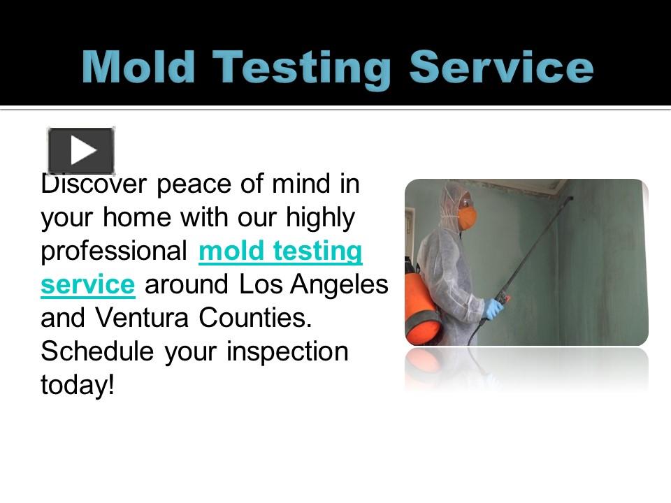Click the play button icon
(x=81, y=150)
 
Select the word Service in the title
(x=500, y=68)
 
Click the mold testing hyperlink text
(x=280, y=251)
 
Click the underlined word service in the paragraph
(x=87, y=285)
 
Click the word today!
(x=77, y=385)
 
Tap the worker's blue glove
(x=494, y=307)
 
